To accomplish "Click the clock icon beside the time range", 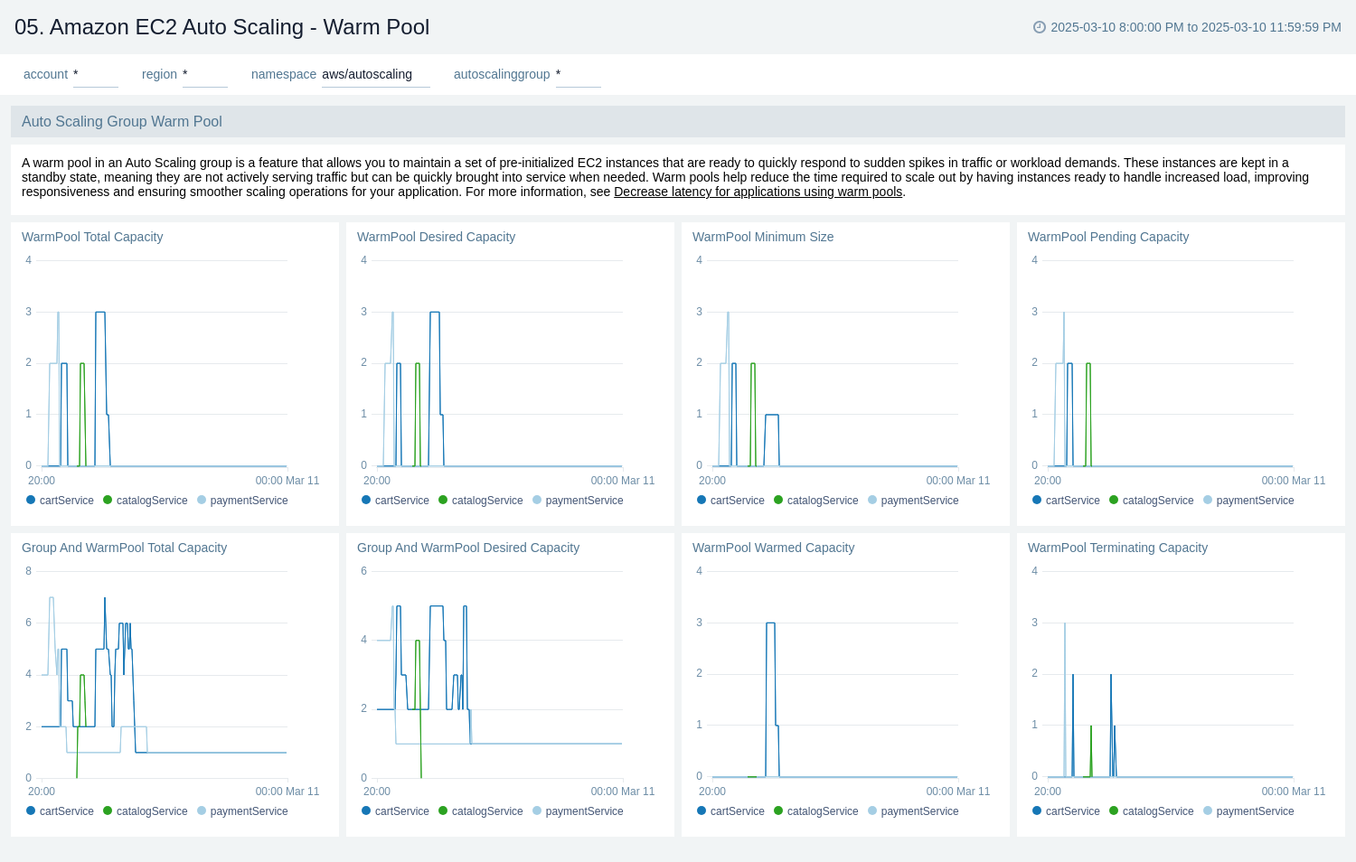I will click(1039, 27).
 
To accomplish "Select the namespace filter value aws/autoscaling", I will click(367, 74).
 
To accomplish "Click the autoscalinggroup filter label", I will click(501, 74).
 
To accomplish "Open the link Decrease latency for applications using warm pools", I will click(758, 192).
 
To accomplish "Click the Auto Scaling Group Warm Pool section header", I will click(122, 121).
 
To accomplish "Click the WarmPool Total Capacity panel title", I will click(92, 237).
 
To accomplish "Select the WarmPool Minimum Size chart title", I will click(762, 237).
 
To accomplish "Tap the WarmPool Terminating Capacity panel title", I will click(1116, 548).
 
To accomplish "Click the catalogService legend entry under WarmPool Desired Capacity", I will click(486, 501).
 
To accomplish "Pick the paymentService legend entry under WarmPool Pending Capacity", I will click(1254, 501).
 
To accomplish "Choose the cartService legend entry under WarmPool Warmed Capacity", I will click(737, 811).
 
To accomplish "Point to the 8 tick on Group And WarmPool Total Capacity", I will click(29, 571).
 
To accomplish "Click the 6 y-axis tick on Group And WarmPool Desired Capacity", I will click(364, 571).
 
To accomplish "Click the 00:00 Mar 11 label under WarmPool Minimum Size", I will click(957, 481).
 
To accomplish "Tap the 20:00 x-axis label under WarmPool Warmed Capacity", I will click(712, 792).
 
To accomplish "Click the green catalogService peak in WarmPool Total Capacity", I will click(82, 364).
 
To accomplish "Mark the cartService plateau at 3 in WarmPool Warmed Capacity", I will click(770, 623).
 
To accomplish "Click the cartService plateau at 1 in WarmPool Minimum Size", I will click(771, 416).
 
